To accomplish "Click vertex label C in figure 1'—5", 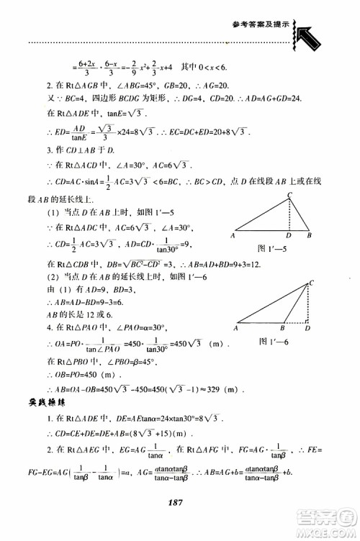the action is [x=289, y=195].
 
